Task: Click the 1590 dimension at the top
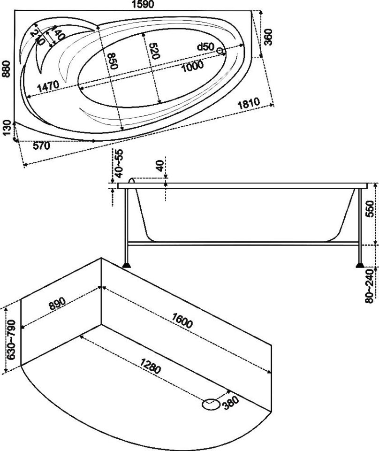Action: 143,4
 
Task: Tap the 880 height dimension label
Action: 6,69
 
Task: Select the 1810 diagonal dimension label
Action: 249,104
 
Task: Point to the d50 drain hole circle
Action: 220,51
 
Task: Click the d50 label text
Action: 205,46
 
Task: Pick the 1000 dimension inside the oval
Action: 193,67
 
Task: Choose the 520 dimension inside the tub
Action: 155,51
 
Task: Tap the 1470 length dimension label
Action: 48,86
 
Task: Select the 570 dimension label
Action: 42,146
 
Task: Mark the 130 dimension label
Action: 8,129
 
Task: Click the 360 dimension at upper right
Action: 268,37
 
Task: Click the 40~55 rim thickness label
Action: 119,163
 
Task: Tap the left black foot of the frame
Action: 126,265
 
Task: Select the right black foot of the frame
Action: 360,265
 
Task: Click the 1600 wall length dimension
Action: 182,320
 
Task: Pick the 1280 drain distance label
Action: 150,366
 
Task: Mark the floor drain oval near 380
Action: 211,405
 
